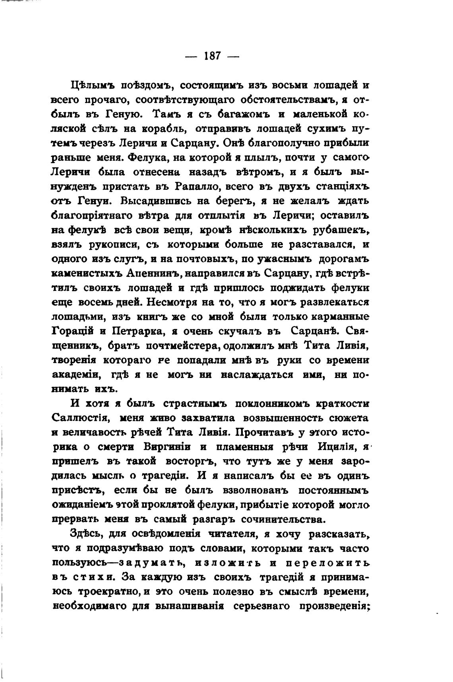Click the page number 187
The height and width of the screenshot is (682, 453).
tap(212, 55)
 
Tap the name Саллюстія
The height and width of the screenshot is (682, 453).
tap(78, 418)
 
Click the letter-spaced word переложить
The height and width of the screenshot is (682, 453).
tap(327, 563)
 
